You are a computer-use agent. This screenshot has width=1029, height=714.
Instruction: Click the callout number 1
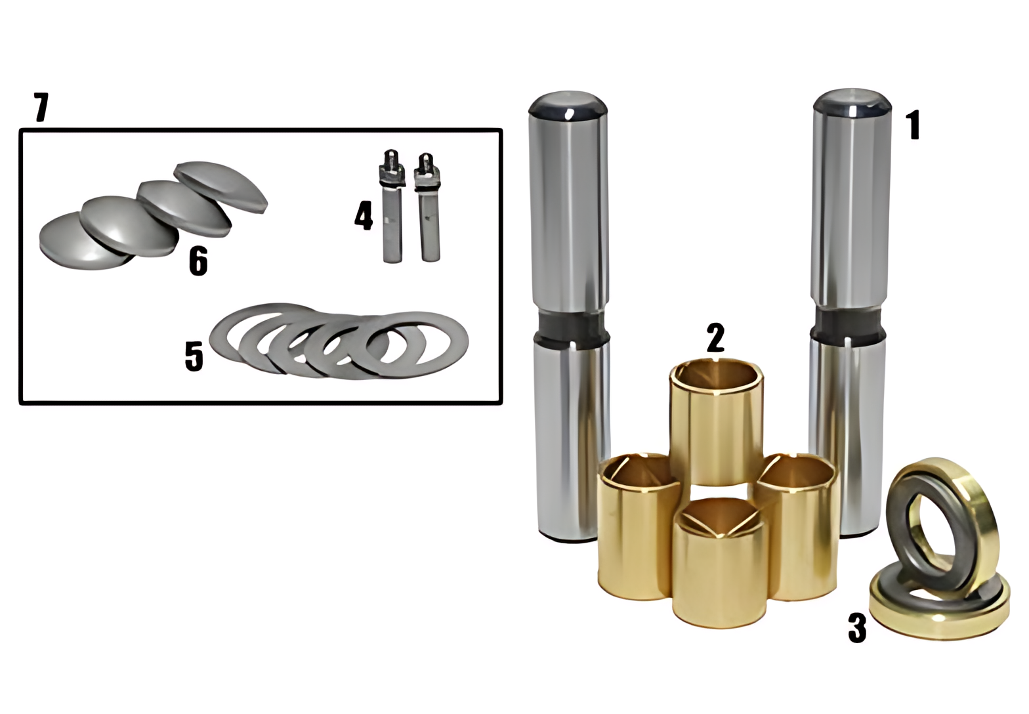913,125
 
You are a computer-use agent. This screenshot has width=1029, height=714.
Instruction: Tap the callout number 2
716,338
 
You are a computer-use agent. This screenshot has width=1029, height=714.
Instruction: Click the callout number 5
194,356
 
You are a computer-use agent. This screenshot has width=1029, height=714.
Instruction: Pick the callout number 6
198,261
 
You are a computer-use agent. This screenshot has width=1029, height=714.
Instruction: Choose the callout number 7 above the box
41,108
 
